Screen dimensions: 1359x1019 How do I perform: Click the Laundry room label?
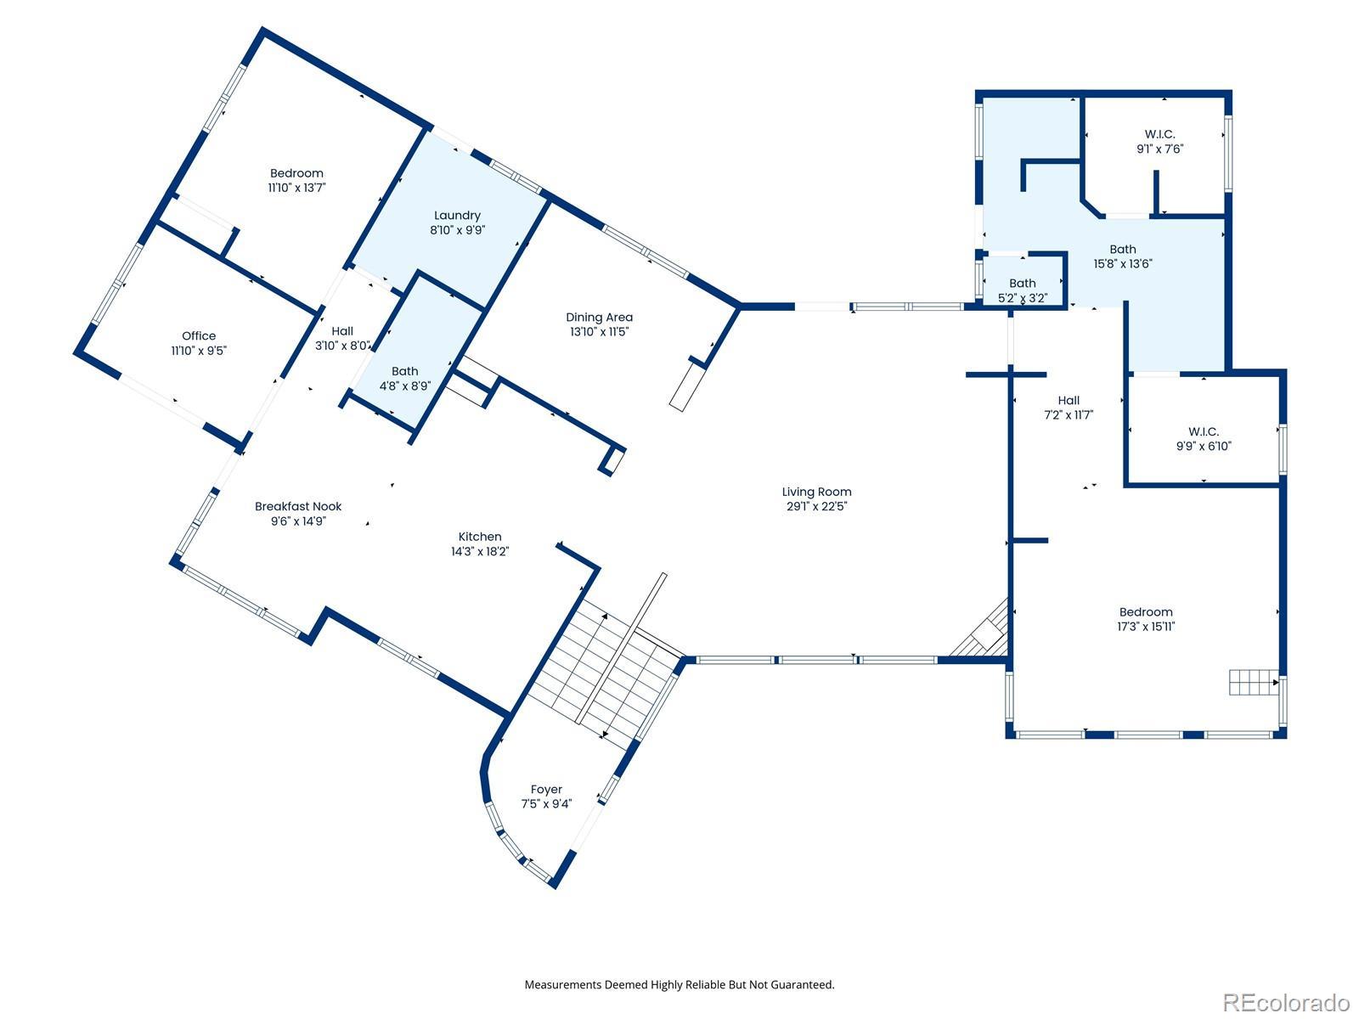tap(457, 216)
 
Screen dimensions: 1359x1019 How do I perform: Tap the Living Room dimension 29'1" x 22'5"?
tap(816, 506)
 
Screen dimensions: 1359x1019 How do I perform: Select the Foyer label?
tap(546, 790)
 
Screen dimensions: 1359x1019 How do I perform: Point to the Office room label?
tap(199, 336)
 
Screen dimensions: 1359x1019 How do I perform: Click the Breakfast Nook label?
tap(298, 506)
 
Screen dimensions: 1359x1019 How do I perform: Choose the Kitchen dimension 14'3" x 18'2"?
tap(480, 551)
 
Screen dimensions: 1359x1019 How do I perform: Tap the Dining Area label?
tap(600, 318)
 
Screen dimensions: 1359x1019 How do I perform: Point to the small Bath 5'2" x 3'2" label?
tap(1022, 284)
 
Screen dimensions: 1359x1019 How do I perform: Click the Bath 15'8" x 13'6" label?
tap(1123, 250)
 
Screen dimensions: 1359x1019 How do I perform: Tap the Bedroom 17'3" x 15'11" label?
tap(1146, 612)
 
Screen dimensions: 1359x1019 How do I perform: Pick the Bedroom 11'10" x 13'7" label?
tap(296, 173)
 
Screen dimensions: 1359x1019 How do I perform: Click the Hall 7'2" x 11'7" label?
tap(1069, 400)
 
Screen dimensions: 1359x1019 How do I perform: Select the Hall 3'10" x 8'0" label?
tap(342, 331)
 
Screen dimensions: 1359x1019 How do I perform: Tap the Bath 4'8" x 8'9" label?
tap(405, 371)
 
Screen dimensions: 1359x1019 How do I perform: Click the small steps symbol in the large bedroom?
tap(1253, 682)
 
